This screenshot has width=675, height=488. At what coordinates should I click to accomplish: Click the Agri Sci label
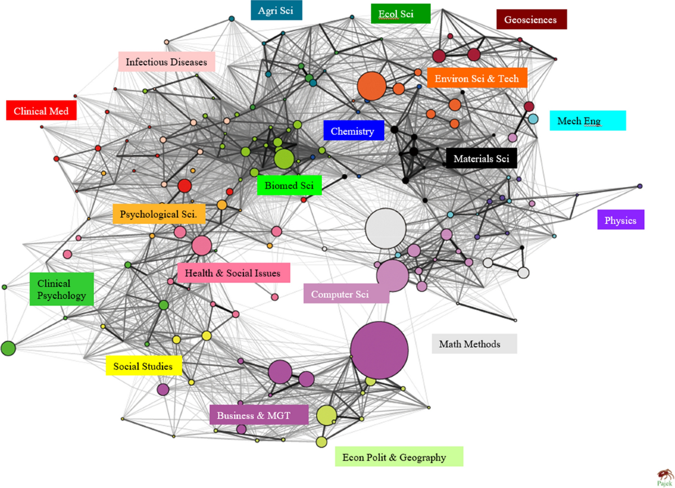pos(276,10)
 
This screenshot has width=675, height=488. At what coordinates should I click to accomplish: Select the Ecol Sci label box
pos(400,14)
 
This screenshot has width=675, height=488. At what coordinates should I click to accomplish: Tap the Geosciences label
pos(531,20)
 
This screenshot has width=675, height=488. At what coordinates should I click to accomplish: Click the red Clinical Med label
pos(42,111)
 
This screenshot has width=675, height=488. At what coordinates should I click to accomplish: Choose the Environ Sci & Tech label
pos(477,78)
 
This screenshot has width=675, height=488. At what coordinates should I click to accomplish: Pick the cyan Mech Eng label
pos(587,120)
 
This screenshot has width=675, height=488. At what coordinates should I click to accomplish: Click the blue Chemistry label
pos(353,131)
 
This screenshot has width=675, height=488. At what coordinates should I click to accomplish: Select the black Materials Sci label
pos(481,159)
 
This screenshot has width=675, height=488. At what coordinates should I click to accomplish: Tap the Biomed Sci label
pos(289,186)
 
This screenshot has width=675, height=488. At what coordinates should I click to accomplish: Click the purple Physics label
pos(620,220)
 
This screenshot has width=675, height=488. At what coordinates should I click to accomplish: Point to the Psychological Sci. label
pos(159,214)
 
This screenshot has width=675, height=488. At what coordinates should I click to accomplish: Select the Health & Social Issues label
pos(233,273)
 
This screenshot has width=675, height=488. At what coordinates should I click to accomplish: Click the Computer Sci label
pos(346,293)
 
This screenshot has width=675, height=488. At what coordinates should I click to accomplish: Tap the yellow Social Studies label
pos(144,366)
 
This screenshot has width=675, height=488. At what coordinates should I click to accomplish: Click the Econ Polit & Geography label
pos(398,457)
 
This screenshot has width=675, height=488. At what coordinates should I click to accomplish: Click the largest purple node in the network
pos(379,350)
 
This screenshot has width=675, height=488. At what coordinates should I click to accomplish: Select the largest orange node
pos(371,87)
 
